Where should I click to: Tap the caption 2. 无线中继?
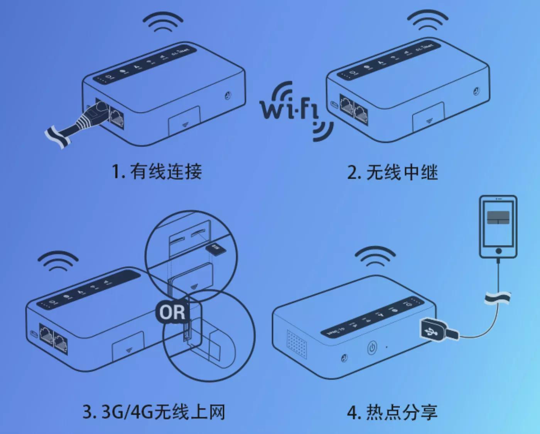(x=392, y=172)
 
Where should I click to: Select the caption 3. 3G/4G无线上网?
(x=154, y=412)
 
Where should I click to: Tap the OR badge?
(x=172, y=312)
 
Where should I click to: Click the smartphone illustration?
(x=498, y=227)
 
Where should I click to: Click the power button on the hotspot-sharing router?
(x=371, y=348)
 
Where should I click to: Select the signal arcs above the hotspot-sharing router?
(x=375, y=256)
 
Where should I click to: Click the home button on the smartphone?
(x=498, y=251)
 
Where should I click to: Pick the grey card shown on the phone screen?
(x=498, y=217)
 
